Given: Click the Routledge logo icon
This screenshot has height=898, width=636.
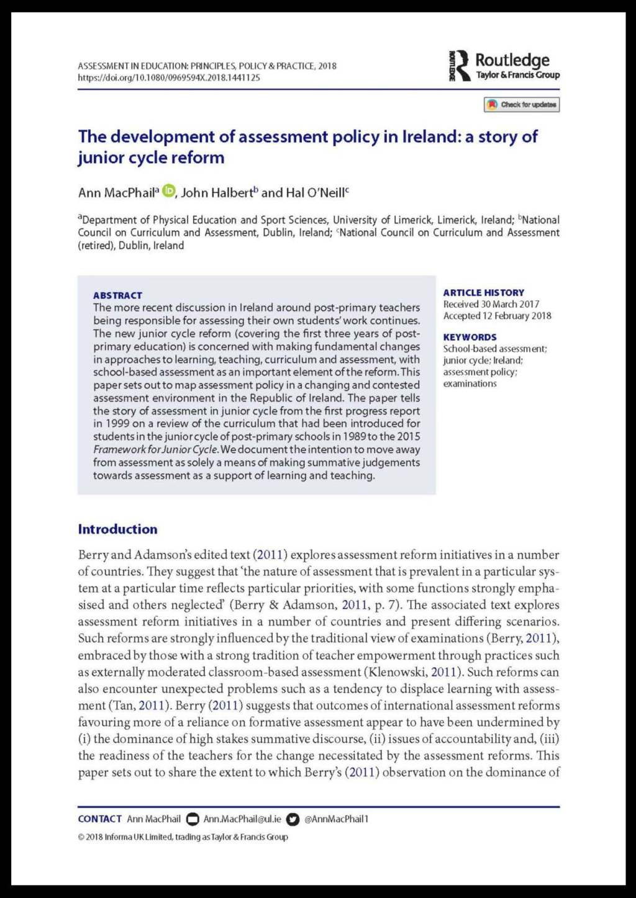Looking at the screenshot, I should pyautogui.click(x=460, y=66).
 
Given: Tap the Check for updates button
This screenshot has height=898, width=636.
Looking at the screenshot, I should pyautogui.click(x=522, y=105).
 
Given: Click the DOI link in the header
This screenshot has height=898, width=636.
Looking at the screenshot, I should pyautogui.click(x=169, y=78).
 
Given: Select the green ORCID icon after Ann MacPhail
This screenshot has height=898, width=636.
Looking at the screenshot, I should pyautogui.click(x=168, y=191).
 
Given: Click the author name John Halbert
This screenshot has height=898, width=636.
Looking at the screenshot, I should pyautogui.click(x=217, y=193).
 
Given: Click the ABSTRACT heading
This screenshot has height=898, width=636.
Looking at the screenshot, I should pyautogui.click(x=117, y=295).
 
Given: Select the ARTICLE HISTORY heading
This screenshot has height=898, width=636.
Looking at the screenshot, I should pyautogui.click(x=483, y=292).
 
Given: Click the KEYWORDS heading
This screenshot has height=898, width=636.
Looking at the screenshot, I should pyautogui.click(x=470, y=337).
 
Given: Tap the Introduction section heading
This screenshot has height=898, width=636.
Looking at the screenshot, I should pyautogui.click(x=117, y=529).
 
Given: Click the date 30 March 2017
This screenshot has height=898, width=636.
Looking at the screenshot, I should pyautogui.click(x=510, y=304).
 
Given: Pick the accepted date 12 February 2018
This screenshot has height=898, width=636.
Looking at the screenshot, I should pyautogui.click(x=517, y=316).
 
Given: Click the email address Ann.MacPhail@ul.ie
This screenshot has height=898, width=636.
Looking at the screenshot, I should pyautogui.click(x=242, y=819).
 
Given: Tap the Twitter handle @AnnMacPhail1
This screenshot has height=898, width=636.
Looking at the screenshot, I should pyautogui.click(x=336, y=819).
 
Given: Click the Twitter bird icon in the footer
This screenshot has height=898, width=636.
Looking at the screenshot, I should pyautogui.click(x=293, y=819).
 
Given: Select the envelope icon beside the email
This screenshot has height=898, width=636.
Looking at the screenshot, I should pyautogui.click(x=193, y=819).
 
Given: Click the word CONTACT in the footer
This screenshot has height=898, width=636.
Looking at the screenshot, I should pyautogui.click(x=99, y=819).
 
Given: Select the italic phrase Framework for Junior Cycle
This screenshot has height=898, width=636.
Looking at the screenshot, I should pyautogui.click(x=155, y=450).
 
